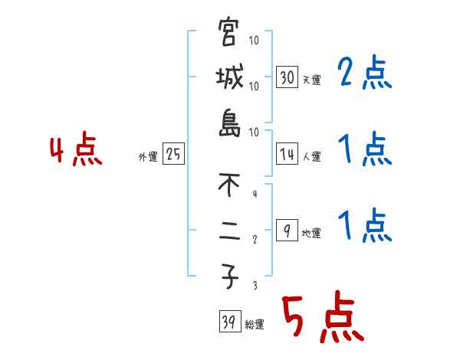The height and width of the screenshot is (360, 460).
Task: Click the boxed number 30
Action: (287, 77)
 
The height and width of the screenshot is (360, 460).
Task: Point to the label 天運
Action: (311, 80)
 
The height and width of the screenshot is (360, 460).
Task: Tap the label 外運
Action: (147, 157)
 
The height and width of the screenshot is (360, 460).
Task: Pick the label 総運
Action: (255, 325)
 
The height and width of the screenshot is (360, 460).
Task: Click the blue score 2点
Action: (364, 74)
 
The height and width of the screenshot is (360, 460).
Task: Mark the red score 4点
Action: (76, 150)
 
